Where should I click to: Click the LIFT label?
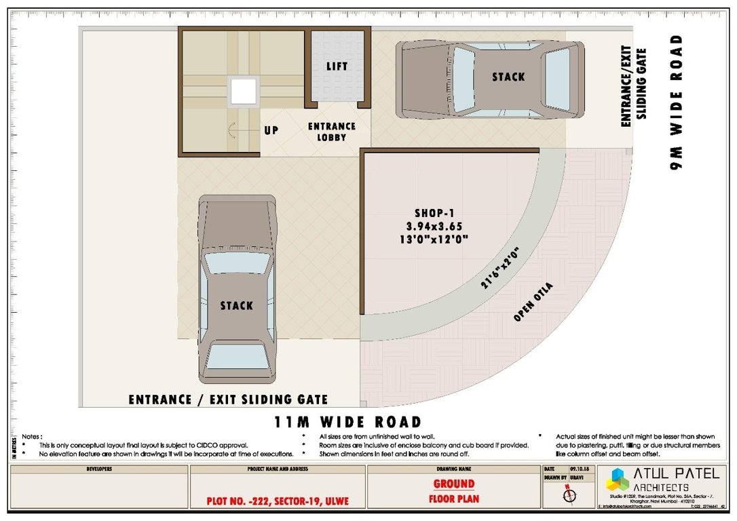[337, 66]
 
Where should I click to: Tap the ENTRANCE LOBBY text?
[332, 132]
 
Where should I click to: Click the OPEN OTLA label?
[533, 302]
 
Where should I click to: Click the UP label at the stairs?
[271, 130]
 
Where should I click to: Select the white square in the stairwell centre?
[243, 92]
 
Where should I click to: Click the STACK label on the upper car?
[508, 77]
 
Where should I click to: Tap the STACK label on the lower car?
[236, 306]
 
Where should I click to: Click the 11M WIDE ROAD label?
[348, 422]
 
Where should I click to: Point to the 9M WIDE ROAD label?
[677, 102]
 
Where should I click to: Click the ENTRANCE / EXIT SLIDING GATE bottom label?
[228, 400]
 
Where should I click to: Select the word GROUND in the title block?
[454, 484]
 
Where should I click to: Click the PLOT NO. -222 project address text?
[277, 502]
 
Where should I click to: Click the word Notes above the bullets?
[32, 436]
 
